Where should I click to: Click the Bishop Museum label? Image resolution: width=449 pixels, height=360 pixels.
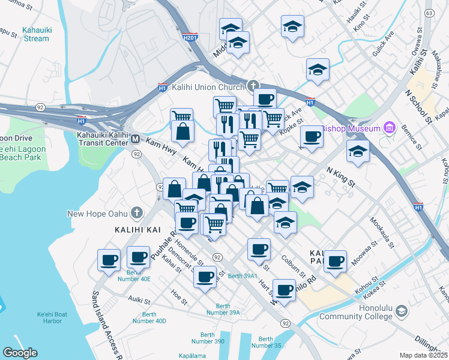351,128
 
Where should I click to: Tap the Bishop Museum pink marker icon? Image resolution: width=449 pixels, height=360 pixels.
389,127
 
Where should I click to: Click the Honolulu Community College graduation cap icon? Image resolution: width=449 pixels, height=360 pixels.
401,311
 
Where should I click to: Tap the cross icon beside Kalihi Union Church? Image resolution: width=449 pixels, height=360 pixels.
253,86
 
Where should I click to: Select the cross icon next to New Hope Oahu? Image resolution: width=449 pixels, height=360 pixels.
137,213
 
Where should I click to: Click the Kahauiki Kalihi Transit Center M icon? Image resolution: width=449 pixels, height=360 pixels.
136,139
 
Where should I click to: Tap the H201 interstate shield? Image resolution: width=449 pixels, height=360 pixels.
190,37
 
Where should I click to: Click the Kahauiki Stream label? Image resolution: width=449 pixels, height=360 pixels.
35,34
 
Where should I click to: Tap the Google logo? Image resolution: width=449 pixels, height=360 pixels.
20,353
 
